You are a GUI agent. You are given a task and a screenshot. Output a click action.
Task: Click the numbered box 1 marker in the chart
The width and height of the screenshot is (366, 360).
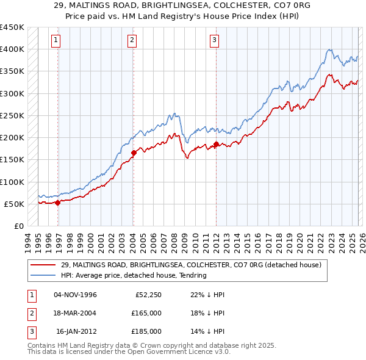[56, 41]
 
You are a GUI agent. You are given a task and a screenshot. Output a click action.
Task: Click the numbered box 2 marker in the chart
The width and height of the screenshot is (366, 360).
[132, 41]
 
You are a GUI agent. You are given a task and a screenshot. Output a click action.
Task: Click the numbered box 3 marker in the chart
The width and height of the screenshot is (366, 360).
[215, 41]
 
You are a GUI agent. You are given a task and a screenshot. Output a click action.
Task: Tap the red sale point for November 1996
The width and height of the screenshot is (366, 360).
[58, 203]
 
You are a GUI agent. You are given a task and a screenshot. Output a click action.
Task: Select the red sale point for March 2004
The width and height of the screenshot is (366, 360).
[134, 153]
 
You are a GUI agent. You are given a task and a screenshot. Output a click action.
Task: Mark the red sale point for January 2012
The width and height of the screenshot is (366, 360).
[216, 144]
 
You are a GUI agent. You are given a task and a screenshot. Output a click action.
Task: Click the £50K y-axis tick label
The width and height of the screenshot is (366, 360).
[14, 204]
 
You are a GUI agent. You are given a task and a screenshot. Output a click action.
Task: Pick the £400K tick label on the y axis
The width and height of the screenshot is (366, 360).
[12, 49]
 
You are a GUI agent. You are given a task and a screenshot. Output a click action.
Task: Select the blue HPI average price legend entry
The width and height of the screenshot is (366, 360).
[134, 275]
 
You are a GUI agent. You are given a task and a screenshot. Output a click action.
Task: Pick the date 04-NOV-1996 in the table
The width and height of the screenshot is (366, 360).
[75, 295]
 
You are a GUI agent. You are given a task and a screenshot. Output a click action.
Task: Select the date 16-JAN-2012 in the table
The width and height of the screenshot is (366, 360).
[76, 331]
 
